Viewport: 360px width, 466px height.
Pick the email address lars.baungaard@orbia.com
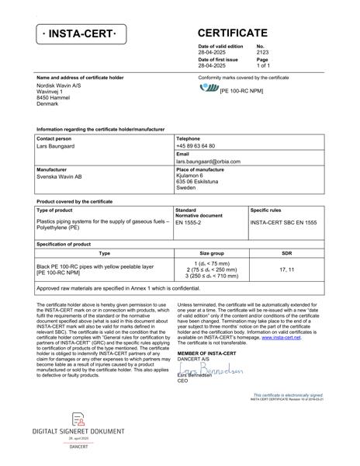pos(208,162)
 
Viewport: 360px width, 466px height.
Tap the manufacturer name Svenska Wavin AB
pos(59,176)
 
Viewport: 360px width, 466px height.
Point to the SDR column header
pos(286,253)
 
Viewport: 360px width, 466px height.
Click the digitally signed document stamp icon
pos(78,419)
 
